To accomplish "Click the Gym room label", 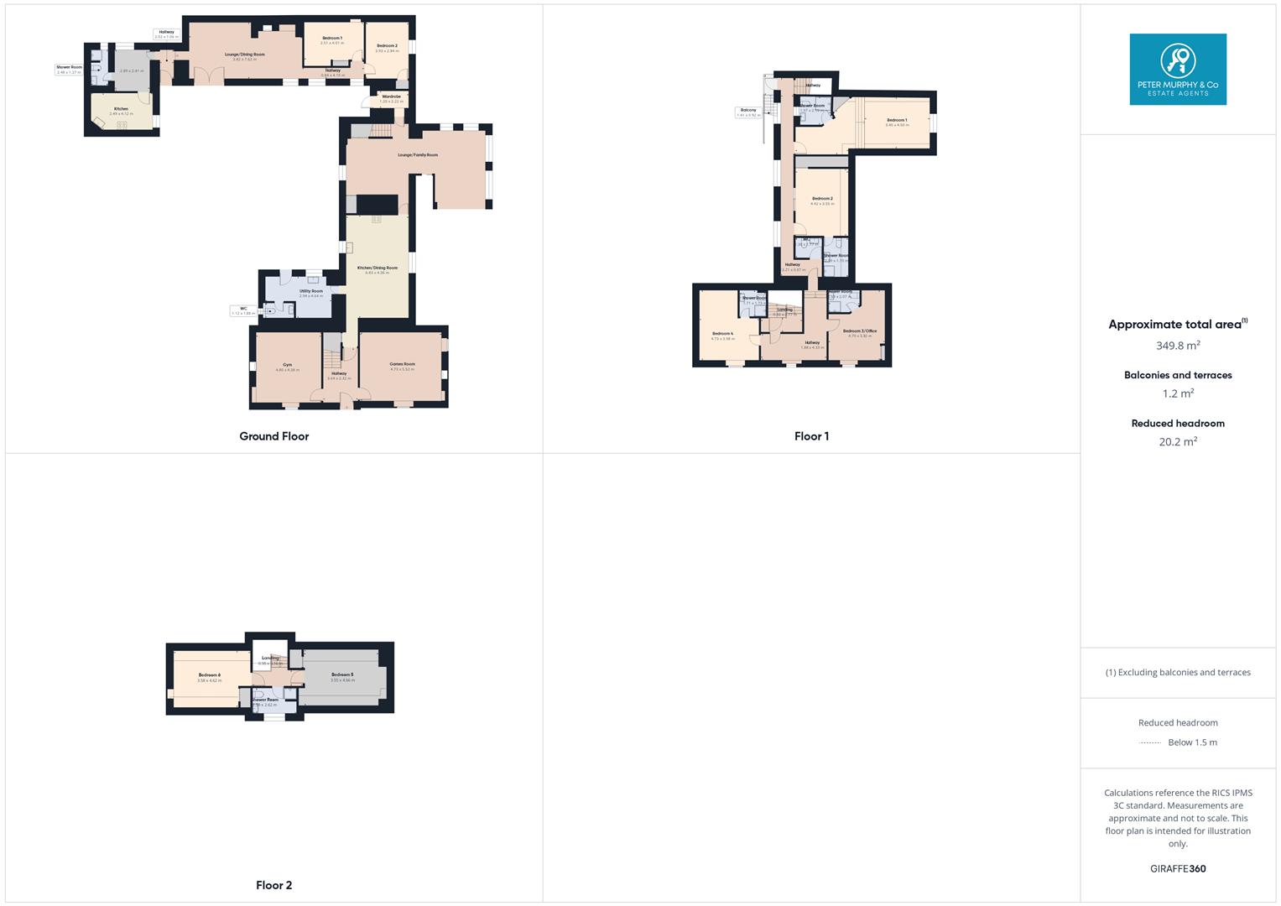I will pyautogui.click(x=287, y=365).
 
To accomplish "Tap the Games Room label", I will pyautogui.click(x=402, y=364).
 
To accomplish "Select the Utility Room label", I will pyautogui.click(x=310, y=291).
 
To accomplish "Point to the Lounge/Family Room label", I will pyautogui.click(x=418, y=155).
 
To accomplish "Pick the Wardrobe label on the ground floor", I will pyautogui.click(x=391, y=96).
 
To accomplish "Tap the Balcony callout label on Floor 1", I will pyautogui.click(x=747, y=111).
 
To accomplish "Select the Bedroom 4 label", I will pyautogui.click(x=722, y=334).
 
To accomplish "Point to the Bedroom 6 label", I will pyautogui.click(x=209, y=675).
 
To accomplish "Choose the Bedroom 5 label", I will pyautogui.click(x=342, y=675).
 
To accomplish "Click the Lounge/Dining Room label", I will pyautogui.click(x=244, y=55).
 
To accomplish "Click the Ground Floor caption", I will pyautogui.click(x=274, y=436).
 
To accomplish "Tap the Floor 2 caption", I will pyautogui.click(x=274, y=885).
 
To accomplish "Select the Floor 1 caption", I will pyautogui.click(x=811, y=436).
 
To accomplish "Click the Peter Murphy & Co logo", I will pyautogui.click(x=1178, y=70).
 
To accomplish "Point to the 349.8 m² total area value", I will pyautogui.click(x=1178, y=346).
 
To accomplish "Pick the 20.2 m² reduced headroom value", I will pyautogui.click(x=1178, y=442).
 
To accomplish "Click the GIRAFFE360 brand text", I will pyautogui.click(x=1178, y=869).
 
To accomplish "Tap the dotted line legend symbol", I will pyautogui.click(x=1150, y=742).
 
